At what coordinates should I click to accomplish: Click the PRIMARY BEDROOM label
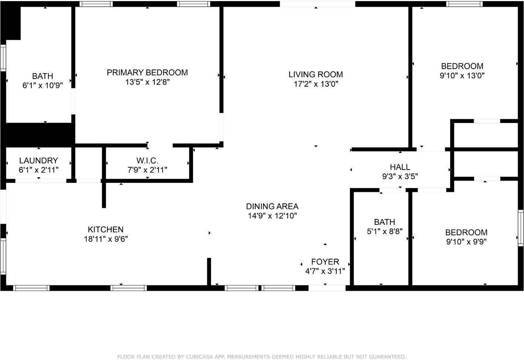(x=147, y=72)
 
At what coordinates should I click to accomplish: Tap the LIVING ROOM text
(x=316, y=74)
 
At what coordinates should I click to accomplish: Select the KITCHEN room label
(x=105, y=229)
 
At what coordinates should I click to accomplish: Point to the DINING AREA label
(x=272, y=206)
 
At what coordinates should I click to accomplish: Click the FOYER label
(x=325, y=262)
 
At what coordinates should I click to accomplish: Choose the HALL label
(x=400, y=167)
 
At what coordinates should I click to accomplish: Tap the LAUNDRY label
(x=38, y=161)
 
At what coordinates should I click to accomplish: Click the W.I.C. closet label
(x=147, y=161)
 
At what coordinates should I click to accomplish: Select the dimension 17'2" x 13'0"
(x=316, y=84)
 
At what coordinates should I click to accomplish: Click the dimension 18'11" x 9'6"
(x=106, y=239)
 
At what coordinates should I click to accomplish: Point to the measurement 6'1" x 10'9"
(x=42, y=86)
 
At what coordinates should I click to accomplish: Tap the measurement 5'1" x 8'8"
(x=384, y=232)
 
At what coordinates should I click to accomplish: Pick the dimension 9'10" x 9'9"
(x=466, y=242)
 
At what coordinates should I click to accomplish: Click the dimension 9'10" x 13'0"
(x=462, y=76)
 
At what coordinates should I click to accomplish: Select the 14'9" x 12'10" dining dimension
(x=272, y=216)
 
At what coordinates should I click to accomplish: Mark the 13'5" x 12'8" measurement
(x=147, y=82)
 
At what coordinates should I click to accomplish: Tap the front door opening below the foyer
(x=327, y=288)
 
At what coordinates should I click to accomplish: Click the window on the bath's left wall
(x=3, y=58)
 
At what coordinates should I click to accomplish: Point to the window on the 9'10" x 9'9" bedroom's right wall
(x=521, y=228)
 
